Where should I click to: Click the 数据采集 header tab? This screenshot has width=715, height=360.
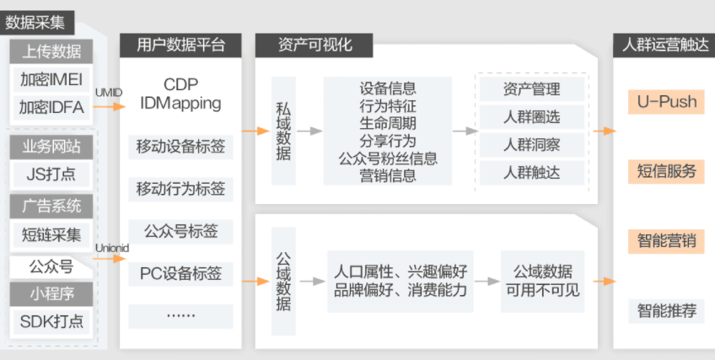coord(36,22)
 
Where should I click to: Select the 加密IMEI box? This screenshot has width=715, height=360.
coord(51,80)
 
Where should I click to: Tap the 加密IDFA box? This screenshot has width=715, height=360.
coord(51,108)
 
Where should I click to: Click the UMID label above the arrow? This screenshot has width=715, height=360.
coord(109,93)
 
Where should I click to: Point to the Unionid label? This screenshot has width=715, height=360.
coord(112,249)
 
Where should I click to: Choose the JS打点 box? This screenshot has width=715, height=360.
coord(51,175)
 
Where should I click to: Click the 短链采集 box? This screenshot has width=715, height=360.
coord(51,234)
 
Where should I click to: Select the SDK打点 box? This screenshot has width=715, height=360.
coord(51,322)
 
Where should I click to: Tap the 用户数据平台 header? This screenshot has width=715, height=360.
coord(180,46)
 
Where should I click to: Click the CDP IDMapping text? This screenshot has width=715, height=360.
coord(180,94)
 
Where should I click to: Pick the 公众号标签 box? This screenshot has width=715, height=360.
coord(180,232)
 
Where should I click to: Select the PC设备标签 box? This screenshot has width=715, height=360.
coord(180,274)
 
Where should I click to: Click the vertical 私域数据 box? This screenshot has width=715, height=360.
coord(283,131)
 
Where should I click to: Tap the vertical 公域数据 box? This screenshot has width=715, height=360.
coord(283,281)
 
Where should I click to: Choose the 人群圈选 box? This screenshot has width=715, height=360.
coord(532,117)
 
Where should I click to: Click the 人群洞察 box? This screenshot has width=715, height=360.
coord(532,145)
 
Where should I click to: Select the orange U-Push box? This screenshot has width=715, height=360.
coord(666,102)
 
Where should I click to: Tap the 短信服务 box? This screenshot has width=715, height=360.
coord(666,171)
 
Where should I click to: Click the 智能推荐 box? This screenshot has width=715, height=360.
coord(666,311)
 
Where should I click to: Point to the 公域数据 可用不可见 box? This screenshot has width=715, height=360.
coord(543,281)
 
